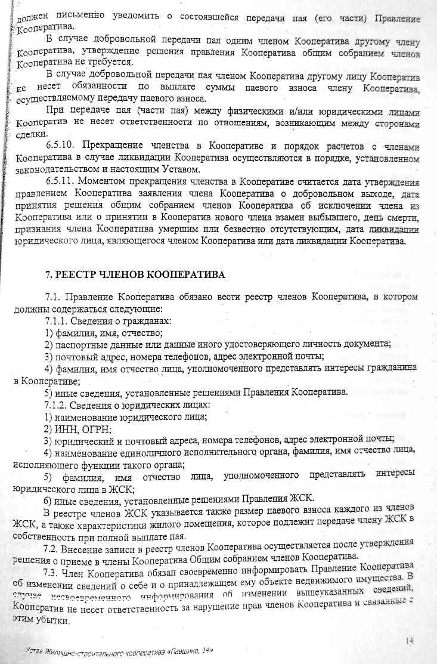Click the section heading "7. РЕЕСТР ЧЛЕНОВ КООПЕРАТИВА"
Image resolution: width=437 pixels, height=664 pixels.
pyautogui.click(x=135, y=275)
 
